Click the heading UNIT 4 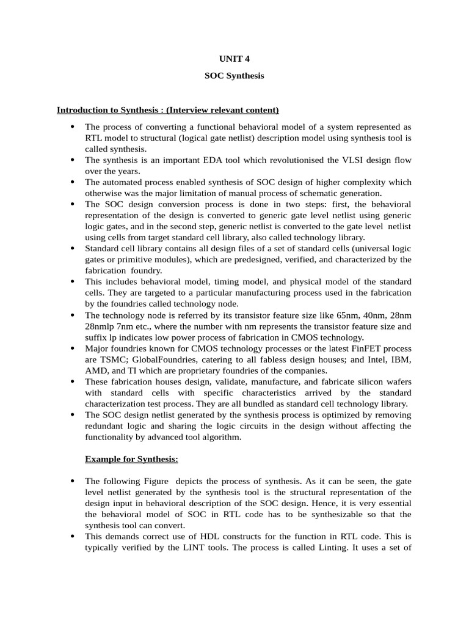click(234, 59)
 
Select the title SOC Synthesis click(234, 77)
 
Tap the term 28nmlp click(100, 326)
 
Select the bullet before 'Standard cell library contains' click(72, 249)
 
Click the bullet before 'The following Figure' click(72, 481)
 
